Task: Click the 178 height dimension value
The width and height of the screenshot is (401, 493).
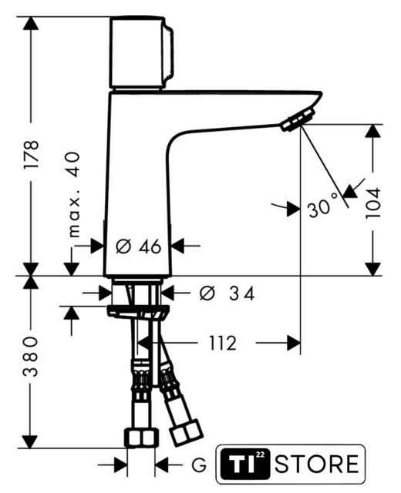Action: tap(32, 154)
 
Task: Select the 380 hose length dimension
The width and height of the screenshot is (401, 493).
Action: tap(31, 356)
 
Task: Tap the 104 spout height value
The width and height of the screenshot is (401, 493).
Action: tap(373, 203)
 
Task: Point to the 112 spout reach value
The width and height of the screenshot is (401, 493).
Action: tap(223, 343)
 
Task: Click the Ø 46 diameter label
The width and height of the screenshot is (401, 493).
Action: tap(138, 246)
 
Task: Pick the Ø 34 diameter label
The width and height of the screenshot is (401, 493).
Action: tap(227, 293)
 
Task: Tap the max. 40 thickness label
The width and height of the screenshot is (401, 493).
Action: tap(74, 194)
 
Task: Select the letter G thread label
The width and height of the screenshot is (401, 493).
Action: tap(199, 465)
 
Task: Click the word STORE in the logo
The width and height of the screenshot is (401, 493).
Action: tap(316, 464)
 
